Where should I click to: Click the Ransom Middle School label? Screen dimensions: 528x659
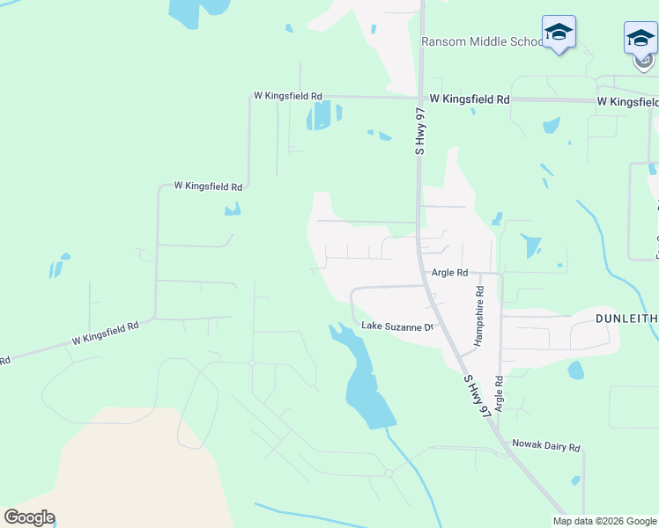click(483, 42)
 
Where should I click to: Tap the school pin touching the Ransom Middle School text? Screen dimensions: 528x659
click(559, 33)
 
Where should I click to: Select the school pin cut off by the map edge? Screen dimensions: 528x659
click(640, 39)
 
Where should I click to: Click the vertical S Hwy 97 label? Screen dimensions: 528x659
click(420, 132)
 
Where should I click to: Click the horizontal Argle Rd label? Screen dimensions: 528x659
click(449, 273)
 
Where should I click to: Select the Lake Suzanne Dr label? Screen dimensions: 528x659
click(399, 326)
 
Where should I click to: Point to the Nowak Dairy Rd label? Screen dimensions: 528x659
click(546, 447)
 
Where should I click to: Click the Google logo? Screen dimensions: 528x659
click(29, 517)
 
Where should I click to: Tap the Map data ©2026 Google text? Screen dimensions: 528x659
click(604, 521)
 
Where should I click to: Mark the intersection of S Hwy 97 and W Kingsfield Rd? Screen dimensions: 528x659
click(420, 98)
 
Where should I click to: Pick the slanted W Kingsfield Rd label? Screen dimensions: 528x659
click(106, 332)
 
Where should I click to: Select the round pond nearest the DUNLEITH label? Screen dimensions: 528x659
click(576, 370)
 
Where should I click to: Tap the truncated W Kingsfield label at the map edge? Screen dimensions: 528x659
click(627, 102)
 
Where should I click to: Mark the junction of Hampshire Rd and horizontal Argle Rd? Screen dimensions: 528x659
click(480, 273)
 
